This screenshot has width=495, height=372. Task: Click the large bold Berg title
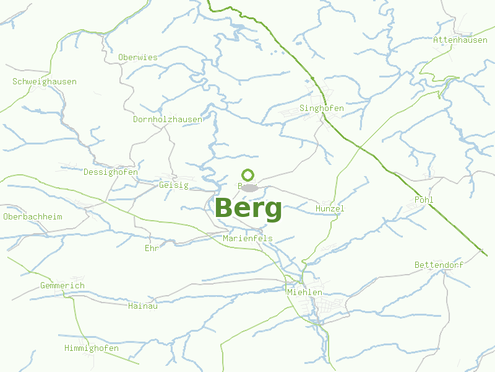(x=248, y=208)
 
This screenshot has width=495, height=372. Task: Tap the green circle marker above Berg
(x=248, y=175)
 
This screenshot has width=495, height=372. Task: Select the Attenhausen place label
(x=460, y=40)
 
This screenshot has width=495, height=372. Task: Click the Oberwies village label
(x=138, y=57)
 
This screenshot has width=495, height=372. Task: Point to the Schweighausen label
(x=45, y=81)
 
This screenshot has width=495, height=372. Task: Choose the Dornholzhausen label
(x=168, y=119)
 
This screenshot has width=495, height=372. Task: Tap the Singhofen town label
(x=321, y=108)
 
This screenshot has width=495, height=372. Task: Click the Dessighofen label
(x=111, y=172)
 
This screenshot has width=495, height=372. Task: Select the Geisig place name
(x=174, y=185)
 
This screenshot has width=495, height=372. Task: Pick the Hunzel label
(x=329, y=208)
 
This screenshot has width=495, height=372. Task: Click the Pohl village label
(x=424, y=200)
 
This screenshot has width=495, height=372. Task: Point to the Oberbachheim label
(x=33, y=216)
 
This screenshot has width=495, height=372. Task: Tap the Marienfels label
(x=247, y=238)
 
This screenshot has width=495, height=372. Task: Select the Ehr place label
(x=152, y=248)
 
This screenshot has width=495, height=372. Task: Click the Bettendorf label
(x=439, y=265)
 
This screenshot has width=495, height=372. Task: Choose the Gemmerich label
(x=62, y=285)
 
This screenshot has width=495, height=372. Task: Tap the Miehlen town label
(x=304, y=292)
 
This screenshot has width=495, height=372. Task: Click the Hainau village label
(x=143, y=306)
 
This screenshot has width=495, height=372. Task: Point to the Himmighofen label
(x=92, y=348)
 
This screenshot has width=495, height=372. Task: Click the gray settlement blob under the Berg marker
(x=249, y=187)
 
